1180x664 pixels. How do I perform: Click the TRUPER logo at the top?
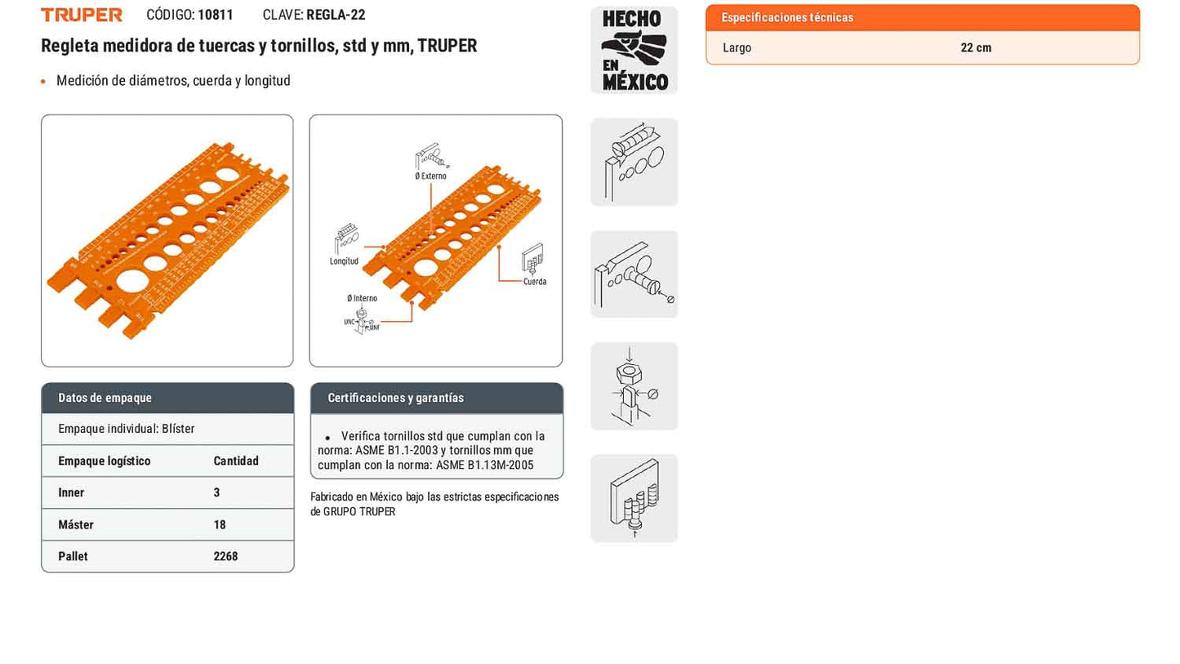82,15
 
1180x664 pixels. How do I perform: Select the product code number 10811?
216,15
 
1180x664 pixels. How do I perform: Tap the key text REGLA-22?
336,15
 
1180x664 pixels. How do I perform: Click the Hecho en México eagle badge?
634,50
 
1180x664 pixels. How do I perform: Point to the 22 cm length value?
976,47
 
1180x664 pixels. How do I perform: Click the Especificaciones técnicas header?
787,17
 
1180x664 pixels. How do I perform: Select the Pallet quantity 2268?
225,556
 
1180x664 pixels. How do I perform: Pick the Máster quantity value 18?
220,525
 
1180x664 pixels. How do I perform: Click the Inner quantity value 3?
216,492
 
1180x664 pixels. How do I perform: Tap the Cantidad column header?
236,461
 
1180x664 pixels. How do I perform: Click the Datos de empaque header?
105,398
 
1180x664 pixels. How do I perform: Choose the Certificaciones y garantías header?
395,398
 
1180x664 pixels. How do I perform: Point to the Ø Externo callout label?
430,176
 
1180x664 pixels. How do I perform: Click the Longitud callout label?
344,261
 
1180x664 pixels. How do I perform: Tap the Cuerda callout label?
535,282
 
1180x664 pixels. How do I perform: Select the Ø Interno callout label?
362,298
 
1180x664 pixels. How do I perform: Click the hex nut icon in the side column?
634,386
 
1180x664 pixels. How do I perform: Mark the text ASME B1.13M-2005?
484,466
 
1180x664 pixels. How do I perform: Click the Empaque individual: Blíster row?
127,429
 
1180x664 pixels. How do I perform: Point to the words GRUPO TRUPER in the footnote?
358,512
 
